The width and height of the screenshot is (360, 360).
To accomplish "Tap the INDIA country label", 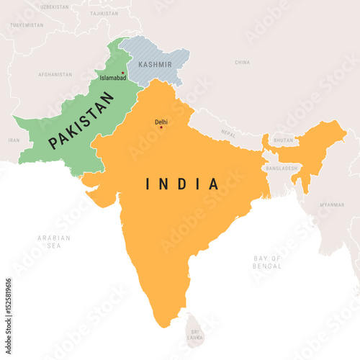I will (183, 184).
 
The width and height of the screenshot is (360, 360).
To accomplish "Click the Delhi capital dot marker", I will (161, 128).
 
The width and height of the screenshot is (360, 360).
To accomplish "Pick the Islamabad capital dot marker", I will (123, 73).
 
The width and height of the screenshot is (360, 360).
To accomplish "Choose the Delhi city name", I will (161, 122).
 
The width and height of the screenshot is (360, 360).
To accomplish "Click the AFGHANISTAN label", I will (55, 74).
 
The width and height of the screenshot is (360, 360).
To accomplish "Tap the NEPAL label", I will (228, 134).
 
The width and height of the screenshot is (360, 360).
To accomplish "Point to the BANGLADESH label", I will (282, 168).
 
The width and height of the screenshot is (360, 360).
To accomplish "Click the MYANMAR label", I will (332, 204).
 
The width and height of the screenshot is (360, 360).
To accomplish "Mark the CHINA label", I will (243, 63).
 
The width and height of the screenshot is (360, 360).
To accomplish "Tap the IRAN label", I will (14, 140).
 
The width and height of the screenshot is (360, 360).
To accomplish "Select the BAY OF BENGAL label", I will (267, 261).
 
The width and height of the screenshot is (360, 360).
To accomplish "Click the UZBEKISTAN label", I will (55, 6).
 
